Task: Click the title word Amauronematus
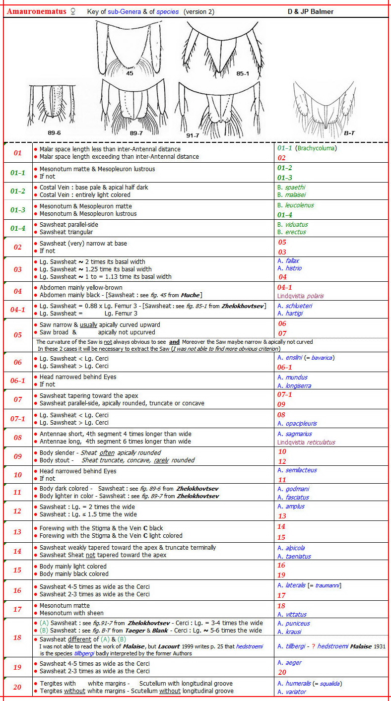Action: [x=36, y=11]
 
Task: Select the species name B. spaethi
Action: [x=291, y=188]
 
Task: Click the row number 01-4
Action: [x=18, y=228]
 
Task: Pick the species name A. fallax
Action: [x=288, y=260]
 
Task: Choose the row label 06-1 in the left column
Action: [x=18, y=381]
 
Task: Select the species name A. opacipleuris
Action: [x=297, y=423]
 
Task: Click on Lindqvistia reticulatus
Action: [x=306, y=442]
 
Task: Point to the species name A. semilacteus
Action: [x=297, y=470]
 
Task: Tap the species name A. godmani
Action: [x=293, y=489]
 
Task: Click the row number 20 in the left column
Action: [x=18, y=688]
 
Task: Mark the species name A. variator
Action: [x=292, y=692]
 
